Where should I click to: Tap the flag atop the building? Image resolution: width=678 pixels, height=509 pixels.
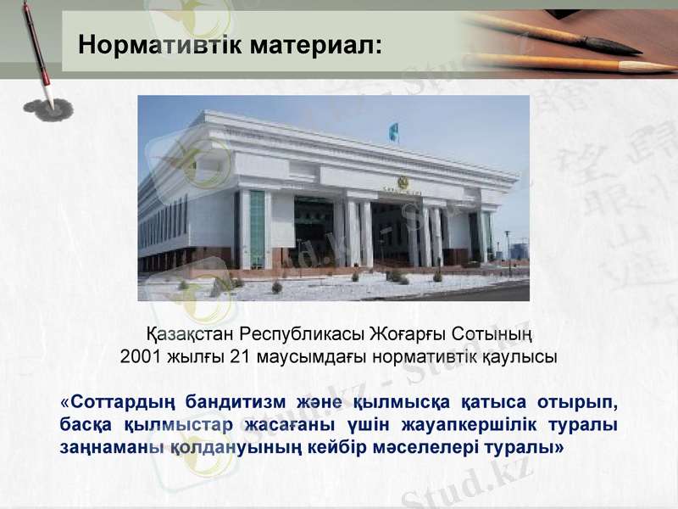tap(392, 131)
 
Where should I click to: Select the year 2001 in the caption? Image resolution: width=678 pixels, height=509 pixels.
tap(138, 356)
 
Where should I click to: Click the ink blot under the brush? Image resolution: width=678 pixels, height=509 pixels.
tap(48, 108)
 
